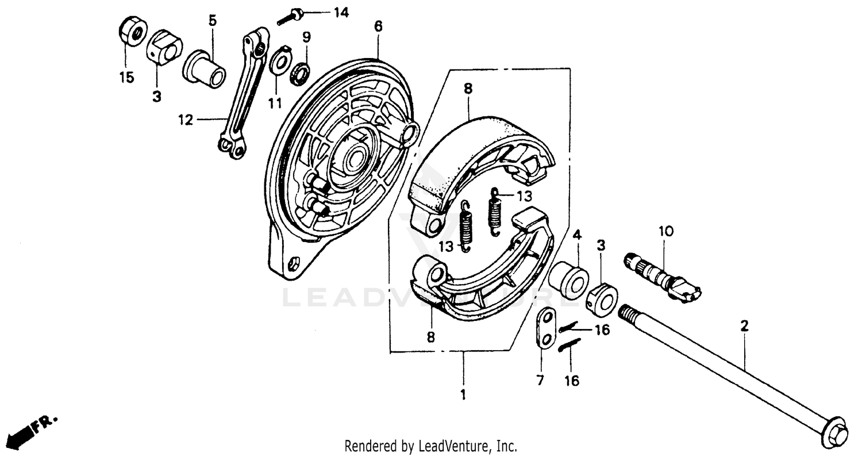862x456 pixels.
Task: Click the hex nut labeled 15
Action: (x=133, y=32)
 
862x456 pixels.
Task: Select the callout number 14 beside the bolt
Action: (x=341, y=12)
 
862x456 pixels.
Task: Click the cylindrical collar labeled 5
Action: (x=205, y=69)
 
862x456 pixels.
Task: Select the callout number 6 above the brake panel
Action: (x=378, y=26)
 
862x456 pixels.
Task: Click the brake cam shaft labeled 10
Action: (x=661, y=276)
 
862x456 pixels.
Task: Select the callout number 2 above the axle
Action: (x=744, y=327)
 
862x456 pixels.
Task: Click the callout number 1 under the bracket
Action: (x=463, y=394)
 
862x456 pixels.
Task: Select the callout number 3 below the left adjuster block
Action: (x=156, y=97)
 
